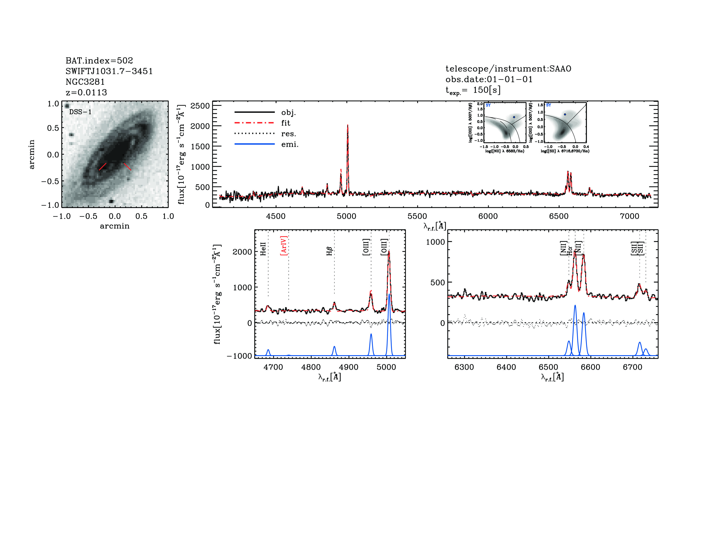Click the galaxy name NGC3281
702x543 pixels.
tap(85, 82)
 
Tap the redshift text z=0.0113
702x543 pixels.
tap(86, 92)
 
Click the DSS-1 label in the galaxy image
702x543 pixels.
tap(80, 112)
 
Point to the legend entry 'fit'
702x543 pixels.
tap(285, 123)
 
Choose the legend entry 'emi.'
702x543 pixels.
tap(290, 144)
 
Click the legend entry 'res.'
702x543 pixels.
tap(288, 134)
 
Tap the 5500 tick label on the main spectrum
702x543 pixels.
tap(417, 216)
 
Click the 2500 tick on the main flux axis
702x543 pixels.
tap(200, 106)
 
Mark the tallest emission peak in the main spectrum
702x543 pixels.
tap(347, 125)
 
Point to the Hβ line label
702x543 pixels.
tap(329, 251)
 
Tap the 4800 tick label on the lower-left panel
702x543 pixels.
tap(311, 367)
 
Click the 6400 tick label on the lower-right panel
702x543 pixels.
tap(506, 367)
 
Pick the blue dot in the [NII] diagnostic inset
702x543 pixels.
tap(514, 117)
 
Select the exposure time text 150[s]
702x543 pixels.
tap(487, 90)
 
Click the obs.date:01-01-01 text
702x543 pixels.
tap(489, 79)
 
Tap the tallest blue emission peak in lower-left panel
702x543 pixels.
tap(389, 294)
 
